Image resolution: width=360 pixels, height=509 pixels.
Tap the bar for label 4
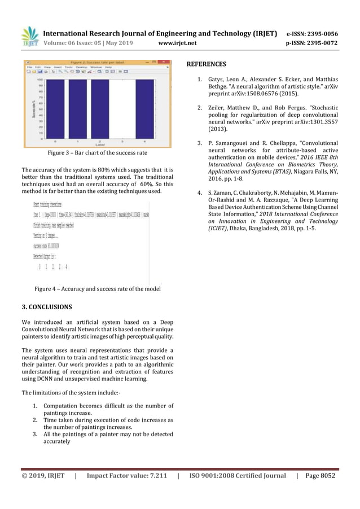145,108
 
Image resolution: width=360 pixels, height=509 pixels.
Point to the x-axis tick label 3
122,141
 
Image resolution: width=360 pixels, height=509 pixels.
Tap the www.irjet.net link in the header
178,42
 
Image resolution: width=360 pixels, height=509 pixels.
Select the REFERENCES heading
206,64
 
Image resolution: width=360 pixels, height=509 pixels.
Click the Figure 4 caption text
97,289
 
